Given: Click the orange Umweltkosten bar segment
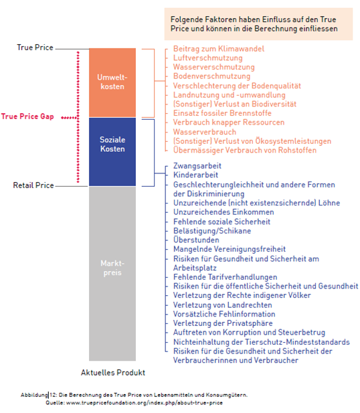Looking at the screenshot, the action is pos(112,83).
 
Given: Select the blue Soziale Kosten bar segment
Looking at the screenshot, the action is pos(112,152).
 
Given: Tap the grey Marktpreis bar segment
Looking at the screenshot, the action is pos(112,273).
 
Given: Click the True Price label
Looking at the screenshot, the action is pos(35,48).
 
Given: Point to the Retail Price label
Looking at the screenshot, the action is pos(33,185).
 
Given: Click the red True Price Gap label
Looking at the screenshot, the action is pos(27,116).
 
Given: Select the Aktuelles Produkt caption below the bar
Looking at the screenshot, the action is pos(113,372).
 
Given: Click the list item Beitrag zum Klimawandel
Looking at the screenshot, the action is pos(219,49).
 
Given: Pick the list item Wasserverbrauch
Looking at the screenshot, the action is pos(205,132).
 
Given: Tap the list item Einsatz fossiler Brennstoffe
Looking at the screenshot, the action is pos(222,113).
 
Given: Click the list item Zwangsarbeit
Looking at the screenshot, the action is pos(197,166).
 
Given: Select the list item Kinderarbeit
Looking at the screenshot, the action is pos(195,175).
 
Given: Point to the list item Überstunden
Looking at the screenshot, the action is pos(196,240).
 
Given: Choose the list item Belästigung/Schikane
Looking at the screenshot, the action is pos(212,231).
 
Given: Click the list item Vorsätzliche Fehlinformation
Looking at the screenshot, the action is pos(224,314).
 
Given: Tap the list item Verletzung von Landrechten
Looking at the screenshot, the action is pos(223,305).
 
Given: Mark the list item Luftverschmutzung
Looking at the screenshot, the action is pos(208,58).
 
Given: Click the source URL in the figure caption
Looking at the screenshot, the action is pos(145,403).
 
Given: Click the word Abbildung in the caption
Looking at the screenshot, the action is pos(34,395).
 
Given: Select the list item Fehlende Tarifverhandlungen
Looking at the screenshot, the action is pos(225,277).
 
